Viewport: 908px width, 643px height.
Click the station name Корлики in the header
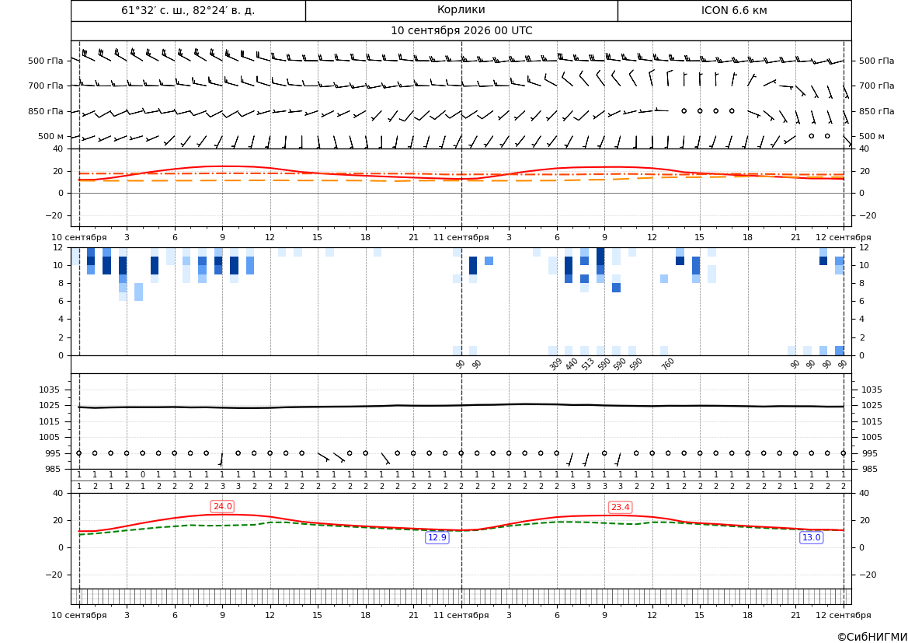pyautogui.click(x=461, y=10)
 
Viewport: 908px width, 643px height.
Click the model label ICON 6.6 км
pyautogui.click(x=734, y=10)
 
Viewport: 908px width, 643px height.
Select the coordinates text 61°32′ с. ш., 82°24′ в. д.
pyautogui.click(x=188, y=10)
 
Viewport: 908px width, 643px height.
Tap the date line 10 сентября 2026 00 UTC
pyautogui.click(x=461, y=31)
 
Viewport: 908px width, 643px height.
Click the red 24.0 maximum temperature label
pyautogui.click(x=222, y=507)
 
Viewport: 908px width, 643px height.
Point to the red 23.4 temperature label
pyautogui.click(x=620, y=508)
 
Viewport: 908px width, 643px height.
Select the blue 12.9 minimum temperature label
pyautogui.click(x=437, y=537)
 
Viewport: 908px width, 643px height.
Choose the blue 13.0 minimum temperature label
pyautogui.click(x=811, y=537)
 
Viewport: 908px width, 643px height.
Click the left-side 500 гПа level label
pyautogui.click(x=45, y=61)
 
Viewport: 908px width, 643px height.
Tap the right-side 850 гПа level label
pyautogui.click(x=876, y=111)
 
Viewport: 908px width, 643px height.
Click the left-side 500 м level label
pyautogui.click(x=50, y=136)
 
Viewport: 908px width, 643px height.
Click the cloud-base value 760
pyautogui.click(x=668, y=364)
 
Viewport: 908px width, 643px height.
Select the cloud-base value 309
pyautogui.click(x=555, y=364)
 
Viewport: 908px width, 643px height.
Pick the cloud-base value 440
pyautogui.click(x=572, y=364)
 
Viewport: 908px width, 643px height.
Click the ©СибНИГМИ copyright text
pyautogui.click(x=872, y=637)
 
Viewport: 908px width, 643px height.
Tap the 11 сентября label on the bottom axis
pyautogui.click(x=461, y=615)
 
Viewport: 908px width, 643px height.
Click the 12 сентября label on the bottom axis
pyautogui.click(x=844, y=615)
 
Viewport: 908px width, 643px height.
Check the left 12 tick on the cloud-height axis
pyautogui.click(x=58, y=247)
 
